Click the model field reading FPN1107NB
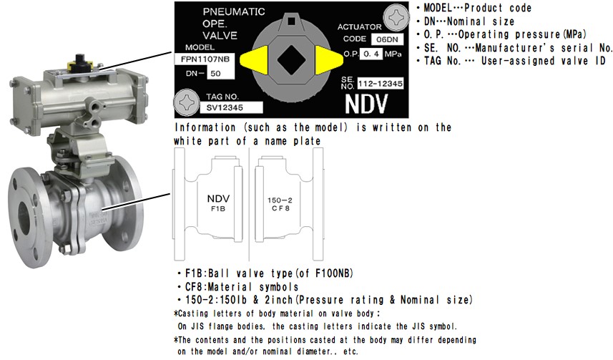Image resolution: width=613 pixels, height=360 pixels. click(205, 59)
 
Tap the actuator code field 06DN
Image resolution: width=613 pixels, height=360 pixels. click(387, 39)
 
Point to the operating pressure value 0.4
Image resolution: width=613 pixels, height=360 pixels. click(371, 54)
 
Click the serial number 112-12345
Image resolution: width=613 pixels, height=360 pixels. click(381, 83)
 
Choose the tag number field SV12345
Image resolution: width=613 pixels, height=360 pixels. click(231, 107)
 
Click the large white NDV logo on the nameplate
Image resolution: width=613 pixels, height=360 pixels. click(366, 104)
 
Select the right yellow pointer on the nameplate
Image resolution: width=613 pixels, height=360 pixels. click(328, 60)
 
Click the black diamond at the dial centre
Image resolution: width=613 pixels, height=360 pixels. click(292, 60)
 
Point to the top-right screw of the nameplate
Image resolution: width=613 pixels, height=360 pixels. click(396, 18)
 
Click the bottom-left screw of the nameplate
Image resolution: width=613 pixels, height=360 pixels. click(187, 102)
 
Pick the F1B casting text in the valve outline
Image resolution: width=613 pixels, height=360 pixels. click(218, 208)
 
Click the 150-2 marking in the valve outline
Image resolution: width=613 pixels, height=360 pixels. click(280, 200)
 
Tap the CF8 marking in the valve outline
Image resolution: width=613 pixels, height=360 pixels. click(280, 208)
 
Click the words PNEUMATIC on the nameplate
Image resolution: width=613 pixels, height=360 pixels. click(234, 11)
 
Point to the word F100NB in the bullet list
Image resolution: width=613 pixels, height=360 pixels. click(334, 273)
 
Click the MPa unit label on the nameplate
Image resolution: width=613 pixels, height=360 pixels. click(393, 54)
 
